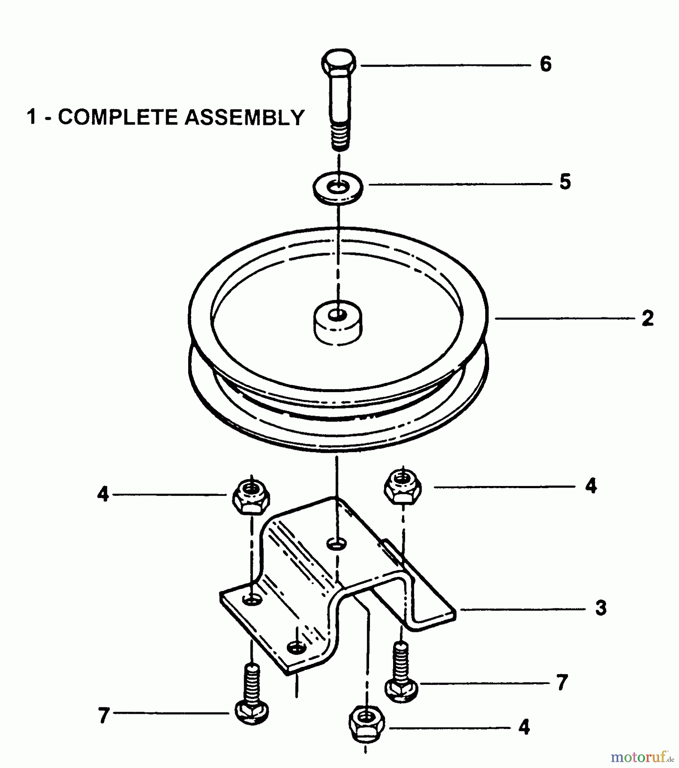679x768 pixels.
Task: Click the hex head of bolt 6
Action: pos(338,63)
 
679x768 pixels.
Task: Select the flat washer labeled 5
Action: pos(338,188)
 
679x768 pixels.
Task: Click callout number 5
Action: pos(565,182)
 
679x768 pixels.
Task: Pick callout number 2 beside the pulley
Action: pos(647,319)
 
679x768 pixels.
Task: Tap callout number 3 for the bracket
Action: pos(600,608)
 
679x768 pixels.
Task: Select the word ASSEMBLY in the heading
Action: pos(245,117)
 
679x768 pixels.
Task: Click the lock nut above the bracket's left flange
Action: pos(251,497)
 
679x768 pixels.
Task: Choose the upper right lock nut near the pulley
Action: pos(402,487)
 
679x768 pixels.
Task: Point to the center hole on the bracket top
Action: pos(337,544)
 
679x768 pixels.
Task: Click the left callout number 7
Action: pos(104,716)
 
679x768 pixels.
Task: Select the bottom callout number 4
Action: pos(524,727)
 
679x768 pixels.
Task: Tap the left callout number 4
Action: pos(103,495)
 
